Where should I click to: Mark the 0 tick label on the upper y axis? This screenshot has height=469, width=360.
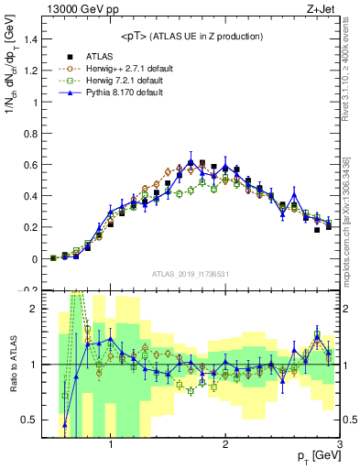click(x=35, y=259)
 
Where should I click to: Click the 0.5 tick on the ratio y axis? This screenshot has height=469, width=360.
click(x=29, y=420)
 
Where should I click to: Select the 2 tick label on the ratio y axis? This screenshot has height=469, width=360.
click(x=35, y=309)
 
